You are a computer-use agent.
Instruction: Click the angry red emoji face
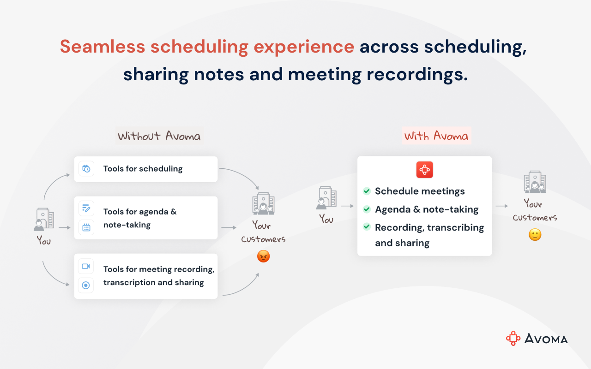pos(263,256)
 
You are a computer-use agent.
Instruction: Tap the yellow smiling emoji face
pos(535,235)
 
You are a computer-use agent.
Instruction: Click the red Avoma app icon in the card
pos(424,170)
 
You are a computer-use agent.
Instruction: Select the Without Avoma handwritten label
pos(159,136)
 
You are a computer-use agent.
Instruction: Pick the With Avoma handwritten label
pos(436,136)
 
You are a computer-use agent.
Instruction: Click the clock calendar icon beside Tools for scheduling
pos(86,169)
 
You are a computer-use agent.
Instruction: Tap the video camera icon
pos(86,266)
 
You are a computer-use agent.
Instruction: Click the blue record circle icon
pos(86,285)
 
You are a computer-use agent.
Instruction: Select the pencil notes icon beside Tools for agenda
pos(86,208)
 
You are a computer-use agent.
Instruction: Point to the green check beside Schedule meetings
pos(367,191)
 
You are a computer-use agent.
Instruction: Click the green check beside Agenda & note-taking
pos(367,209)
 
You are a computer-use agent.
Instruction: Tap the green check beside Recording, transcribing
pos(367,226)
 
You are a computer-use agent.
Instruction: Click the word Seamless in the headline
pos(103,47)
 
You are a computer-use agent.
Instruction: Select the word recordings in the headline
pos(417,75)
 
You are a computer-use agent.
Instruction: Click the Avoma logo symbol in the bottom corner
pos(513,338)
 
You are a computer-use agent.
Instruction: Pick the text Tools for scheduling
pos(143,169)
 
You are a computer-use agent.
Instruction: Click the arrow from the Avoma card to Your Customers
pos(501,206)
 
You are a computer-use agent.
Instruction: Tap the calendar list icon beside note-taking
pos(86,227)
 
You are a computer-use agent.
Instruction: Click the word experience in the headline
pos(304,47)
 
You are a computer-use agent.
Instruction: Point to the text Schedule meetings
pos(420,191)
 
